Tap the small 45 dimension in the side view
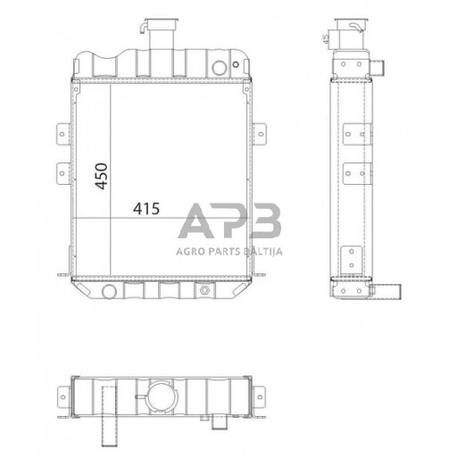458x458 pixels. point(323,38)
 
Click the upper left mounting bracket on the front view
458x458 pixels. point(62,134)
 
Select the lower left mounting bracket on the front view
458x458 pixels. point(62,171)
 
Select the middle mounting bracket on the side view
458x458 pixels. point(354,171)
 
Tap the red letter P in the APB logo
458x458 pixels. point(229,222)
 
